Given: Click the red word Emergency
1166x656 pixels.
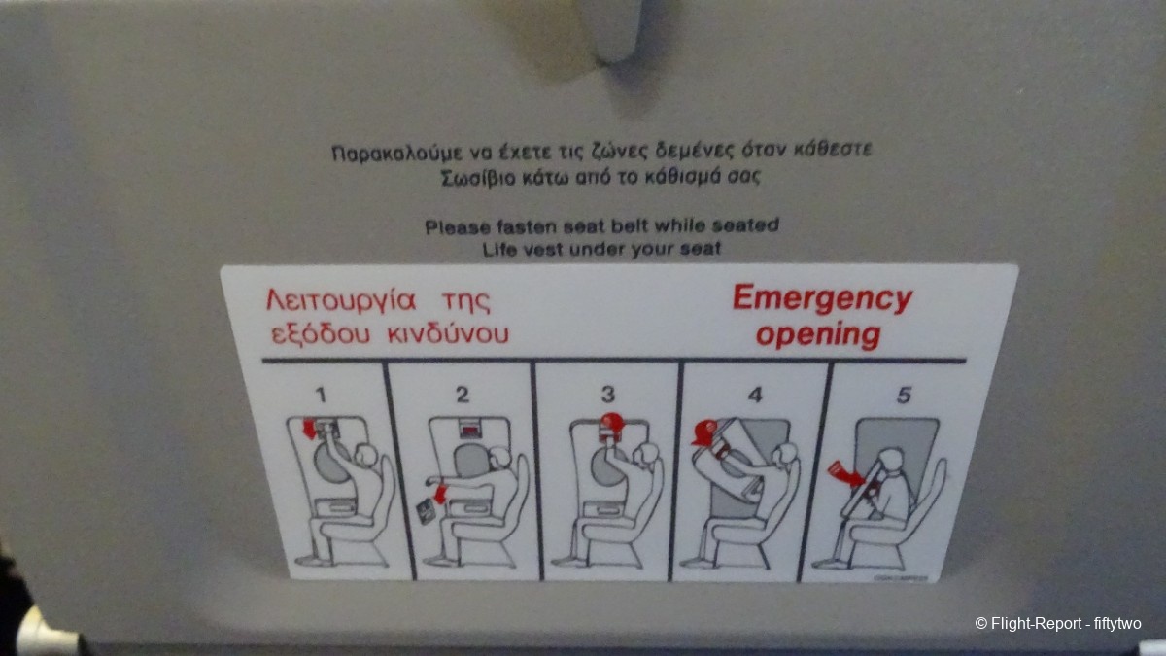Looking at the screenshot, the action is pos(822,299).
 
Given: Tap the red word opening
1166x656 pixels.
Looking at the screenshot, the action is pos(818,334).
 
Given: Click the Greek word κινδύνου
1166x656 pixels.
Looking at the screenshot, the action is pos(448,333).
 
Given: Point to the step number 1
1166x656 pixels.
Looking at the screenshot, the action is pos(321,395).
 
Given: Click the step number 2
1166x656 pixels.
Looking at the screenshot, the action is pos(463,395).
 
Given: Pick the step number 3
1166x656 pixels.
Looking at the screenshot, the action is pos(608,395).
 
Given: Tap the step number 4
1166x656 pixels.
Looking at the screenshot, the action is pos(755,395).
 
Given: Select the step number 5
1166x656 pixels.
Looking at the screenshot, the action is pos(904,396).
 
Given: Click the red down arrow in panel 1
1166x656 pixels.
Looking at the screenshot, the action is pos(310,429).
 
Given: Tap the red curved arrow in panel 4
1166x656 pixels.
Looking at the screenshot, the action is pos(704,433).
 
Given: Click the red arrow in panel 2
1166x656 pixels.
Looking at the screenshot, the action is pos(441,494).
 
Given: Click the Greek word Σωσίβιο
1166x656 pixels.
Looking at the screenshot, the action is pos(478,178).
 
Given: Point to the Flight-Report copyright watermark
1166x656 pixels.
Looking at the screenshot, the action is pos(1058,623).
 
